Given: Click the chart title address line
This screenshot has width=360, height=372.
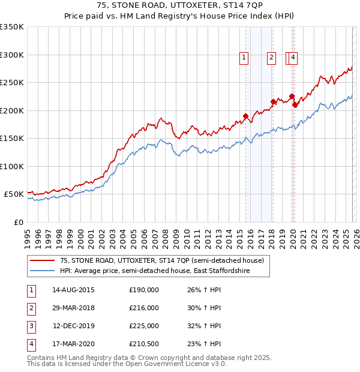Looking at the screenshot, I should [x=180, y=5].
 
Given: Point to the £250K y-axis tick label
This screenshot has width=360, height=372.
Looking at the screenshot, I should [x=12, y=83].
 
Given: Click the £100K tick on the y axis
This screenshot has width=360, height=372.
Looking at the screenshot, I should [x=12, y=166].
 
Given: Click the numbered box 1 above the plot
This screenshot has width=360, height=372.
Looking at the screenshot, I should [x=244, y=58].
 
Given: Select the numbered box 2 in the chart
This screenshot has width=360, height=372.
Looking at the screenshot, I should [x=271, y=58].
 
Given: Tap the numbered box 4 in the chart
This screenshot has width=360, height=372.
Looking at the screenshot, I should [x=293, y=58].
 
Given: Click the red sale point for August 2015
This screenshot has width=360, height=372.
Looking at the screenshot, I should [x=245, y=116].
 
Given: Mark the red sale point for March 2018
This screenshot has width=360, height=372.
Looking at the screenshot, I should [x=273, y=101].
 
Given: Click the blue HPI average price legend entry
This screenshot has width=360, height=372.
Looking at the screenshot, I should [x=155, y=271].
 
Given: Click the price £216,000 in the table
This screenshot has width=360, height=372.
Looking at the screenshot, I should [x=144, y=308].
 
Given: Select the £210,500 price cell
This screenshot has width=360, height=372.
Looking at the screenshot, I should [x=144, y=344].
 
